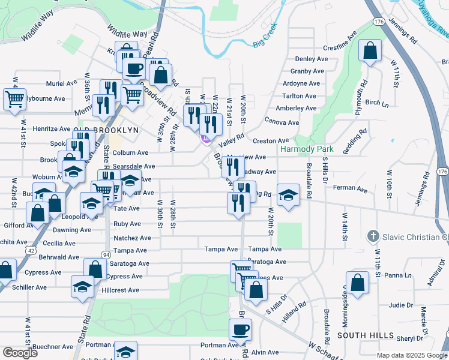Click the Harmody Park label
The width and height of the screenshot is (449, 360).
(x=303, y=149)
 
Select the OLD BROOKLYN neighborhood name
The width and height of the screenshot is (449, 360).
(x=106, y=130)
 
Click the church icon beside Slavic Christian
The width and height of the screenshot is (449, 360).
(x=372, y=236)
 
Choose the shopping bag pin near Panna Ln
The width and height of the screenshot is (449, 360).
(x=357, y=283)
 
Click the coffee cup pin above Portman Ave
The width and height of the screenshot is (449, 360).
(x=241, y=329)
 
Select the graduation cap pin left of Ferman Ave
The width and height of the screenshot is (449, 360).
(x=289, y=195)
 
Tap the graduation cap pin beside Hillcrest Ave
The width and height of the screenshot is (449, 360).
(x=82, y=286)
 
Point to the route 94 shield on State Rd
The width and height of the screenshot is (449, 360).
(x=106, y=254)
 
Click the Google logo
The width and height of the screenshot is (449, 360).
(x=20, y=353)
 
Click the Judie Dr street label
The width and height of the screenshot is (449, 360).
(x=402, y=305)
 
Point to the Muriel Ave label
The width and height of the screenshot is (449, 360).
(x=62, y=83)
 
